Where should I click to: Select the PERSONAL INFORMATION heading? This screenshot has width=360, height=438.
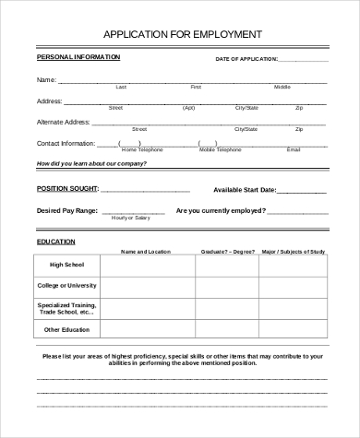pyautogui.click(x=78, y=57)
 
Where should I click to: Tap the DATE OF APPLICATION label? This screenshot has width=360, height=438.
pyautogui.click(x=246, y=59)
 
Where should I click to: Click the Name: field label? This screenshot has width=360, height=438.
pyautogui.click(x=47, y=80)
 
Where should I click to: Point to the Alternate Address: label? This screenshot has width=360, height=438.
pyautogui.click(x=64, y=122)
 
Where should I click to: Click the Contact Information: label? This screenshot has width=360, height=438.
pyautogui.click(x=66, y=143)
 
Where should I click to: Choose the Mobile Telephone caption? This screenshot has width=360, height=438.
pyautogui.click(x=219, y=149)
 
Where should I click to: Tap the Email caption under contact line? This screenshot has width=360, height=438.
pyautogui.click(x=294, y=149)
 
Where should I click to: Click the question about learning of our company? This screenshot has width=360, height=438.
pyautogui.click(x=91, y=164)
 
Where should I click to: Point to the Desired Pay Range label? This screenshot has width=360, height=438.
pyautogui.click(x=68, y=210)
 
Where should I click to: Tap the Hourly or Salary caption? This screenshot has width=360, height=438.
pyautogui.click(x=129, y=218)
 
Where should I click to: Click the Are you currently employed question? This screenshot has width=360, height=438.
pyautogui.click(x=218, y=210)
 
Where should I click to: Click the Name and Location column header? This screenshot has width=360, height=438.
pyautogui.click(x=146, y=251)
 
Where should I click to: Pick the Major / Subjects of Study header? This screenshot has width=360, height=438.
pyautogui.click(x=294, y=251)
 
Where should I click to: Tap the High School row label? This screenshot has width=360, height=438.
pyautogui.click(x=66, y=266)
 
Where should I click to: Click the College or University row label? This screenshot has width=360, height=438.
pyautogui.click(x=66, y=285)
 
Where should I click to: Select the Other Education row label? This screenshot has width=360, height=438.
pyautogui.click(x=66, y=329)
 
